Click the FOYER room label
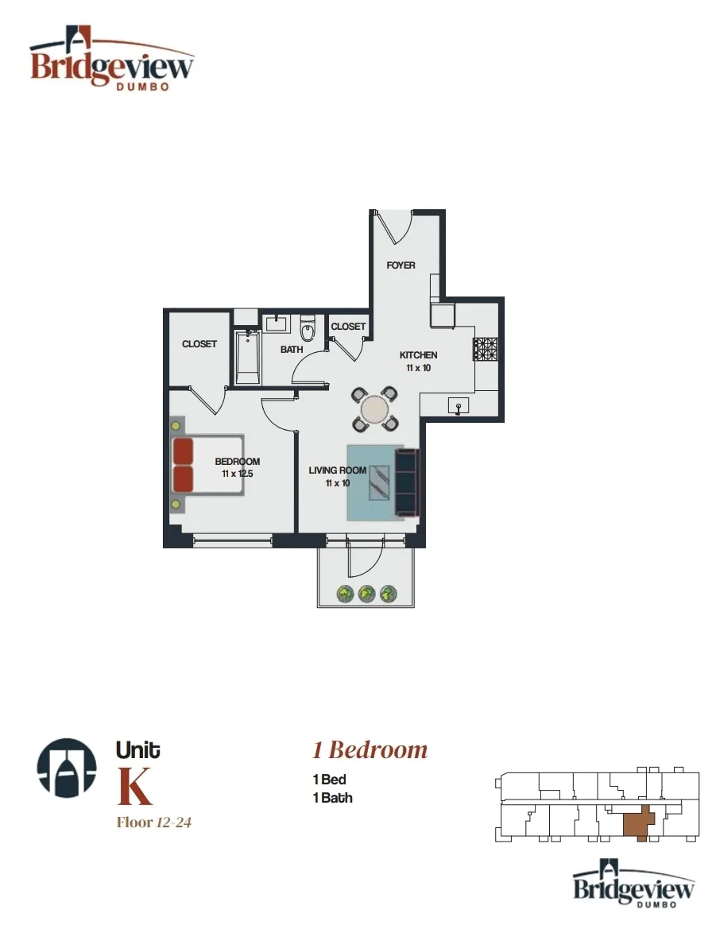click(x=401, y=265)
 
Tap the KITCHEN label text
click(x=418, y=355)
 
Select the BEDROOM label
click(x=238, y=462)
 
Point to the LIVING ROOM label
click(x=338, y=470)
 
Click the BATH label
click(x=292, y=349)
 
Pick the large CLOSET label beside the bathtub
click(x=199, y=344)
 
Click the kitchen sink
click(x=459, y=406)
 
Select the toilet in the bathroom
click(x=308, y=328)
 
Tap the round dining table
click(x=374, y=409)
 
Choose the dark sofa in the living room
click(x=406, y=482)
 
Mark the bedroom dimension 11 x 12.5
click(x=238, y=474)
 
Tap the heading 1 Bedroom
click(x=370, y=749)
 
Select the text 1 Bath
click(x=333, y=798)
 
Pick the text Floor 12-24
click(x=154, y=823)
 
